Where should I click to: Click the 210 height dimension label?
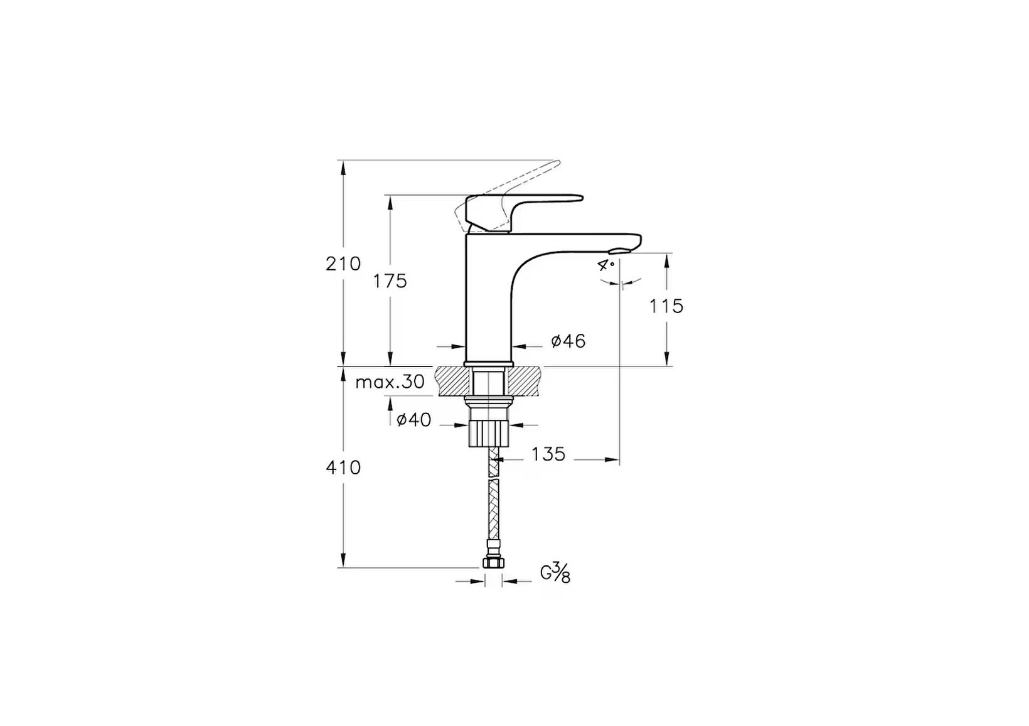pos(343,264)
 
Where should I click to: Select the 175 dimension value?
pos(390,281)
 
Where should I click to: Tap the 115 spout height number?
pos(666,306)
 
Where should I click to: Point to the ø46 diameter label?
pos(568,341)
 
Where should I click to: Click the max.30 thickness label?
pos(390,382)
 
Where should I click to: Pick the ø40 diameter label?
pos(414,420)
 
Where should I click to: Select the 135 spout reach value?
pos(548,454)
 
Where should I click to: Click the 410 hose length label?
pos(343,467)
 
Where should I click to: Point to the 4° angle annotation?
pos(606,265)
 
